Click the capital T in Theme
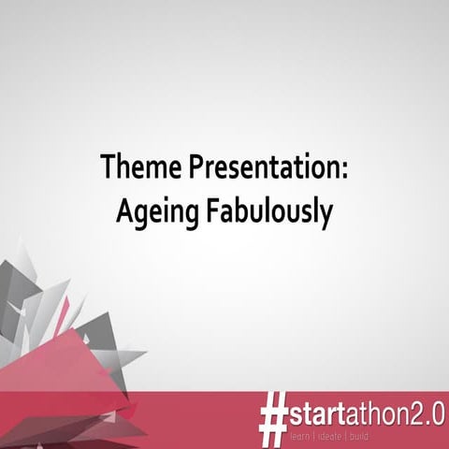coord(109,169)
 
